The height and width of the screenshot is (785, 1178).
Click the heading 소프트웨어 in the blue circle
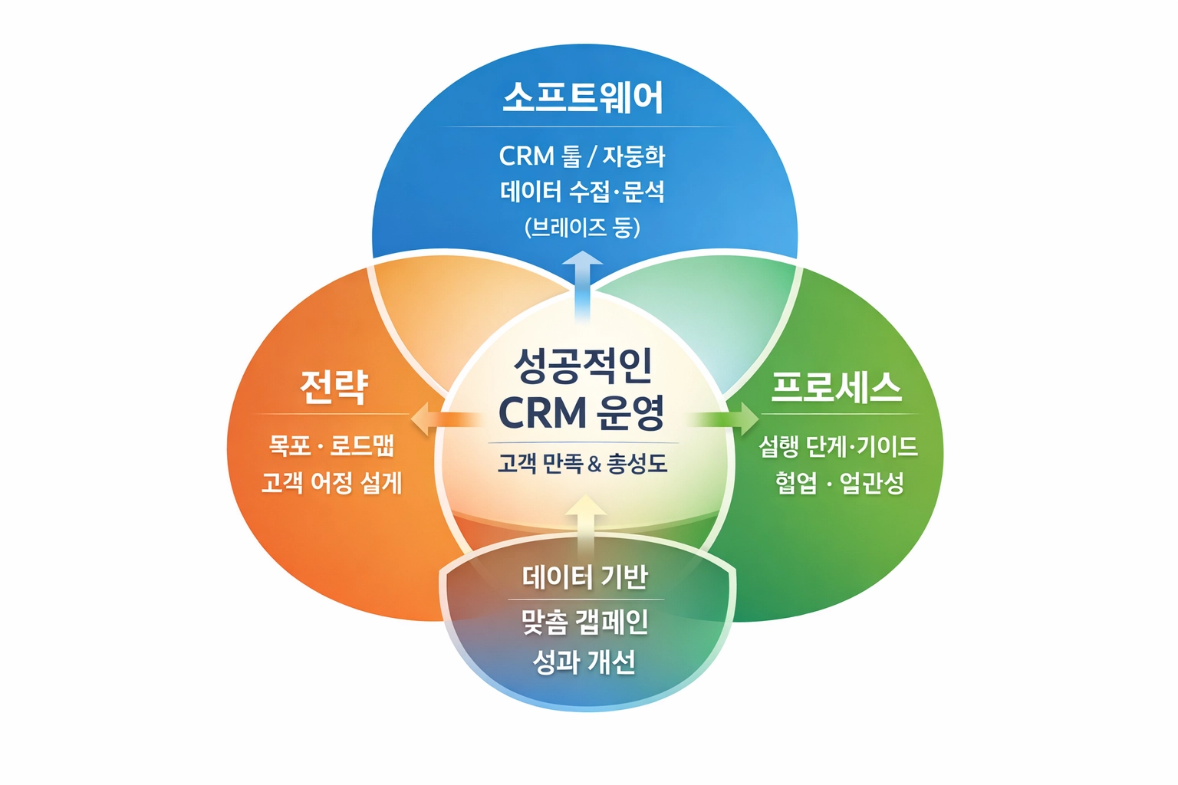[583, 97]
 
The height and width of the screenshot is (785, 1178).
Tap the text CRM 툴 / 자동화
[582, 156]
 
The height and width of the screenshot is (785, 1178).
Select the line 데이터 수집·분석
[582, 192]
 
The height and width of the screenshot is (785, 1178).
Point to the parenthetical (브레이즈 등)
[582, 227]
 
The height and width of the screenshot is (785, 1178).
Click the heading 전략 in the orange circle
[334, 386]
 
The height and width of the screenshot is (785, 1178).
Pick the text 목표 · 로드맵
[331, 445]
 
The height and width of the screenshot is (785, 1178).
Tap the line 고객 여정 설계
[331, 482]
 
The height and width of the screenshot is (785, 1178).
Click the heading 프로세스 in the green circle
[836, 386]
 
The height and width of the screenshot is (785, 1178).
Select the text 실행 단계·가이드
[838, 446]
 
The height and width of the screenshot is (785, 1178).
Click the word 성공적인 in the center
[583, 365]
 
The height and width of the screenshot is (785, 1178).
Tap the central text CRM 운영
[581, 413]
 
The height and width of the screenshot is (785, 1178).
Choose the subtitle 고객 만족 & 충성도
[582, 463]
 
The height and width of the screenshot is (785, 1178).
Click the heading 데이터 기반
[585, 576]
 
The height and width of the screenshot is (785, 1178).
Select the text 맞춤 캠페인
[585, 622]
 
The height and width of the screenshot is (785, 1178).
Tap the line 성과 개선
[584, 662]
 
